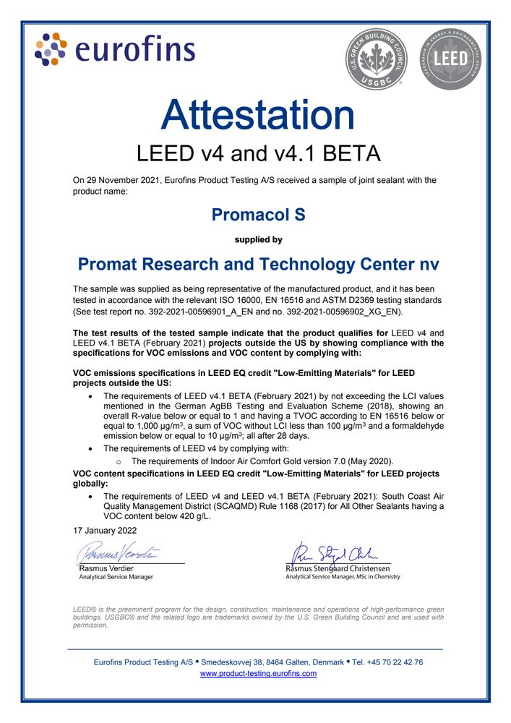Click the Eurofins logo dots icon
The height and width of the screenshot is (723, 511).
click(x=51, y=48)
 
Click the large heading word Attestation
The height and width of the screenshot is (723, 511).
click(x=258, y=115)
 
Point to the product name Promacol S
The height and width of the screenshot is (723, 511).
click(x=258, y=215)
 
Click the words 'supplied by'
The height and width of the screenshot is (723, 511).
click(x=258, y=239)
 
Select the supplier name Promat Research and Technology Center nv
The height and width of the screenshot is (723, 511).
click(x=258, y=265)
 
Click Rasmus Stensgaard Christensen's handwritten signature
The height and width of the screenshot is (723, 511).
click(x=336, y=554)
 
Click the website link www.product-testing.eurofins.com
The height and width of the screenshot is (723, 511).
click(x=258, y=673)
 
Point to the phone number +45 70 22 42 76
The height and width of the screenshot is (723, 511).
click(x=395, y=662)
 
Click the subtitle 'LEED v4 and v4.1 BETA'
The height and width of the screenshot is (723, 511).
click(x=258, y=153)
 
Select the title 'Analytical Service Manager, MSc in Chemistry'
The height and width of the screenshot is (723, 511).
click(x=343, y=576)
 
